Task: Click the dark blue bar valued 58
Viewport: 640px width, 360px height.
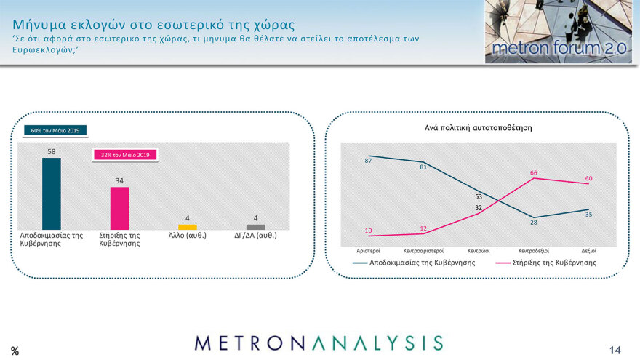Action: [52, 193]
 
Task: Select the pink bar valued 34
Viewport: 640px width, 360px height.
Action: [119, 208]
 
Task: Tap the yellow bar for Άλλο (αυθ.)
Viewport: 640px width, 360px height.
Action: [188, 227]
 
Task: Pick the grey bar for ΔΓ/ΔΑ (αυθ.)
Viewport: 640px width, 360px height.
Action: [256, 227]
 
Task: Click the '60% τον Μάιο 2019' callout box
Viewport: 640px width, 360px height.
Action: [56, 131]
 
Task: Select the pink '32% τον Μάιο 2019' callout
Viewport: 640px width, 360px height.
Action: [124, 155]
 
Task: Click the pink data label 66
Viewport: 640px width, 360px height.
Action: [533, 173]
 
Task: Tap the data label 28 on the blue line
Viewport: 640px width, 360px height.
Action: [533, 222]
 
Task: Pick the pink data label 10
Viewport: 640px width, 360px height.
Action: [369, 231]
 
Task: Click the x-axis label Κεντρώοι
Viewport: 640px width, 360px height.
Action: [478, 250]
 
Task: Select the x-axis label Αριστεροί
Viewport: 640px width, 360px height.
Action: [369, 250]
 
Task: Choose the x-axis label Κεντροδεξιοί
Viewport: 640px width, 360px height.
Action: [532, 250]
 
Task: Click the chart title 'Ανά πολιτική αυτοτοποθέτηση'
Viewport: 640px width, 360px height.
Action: [479, 127]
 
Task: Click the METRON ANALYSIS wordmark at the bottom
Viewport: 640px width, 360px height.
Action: [319, 343]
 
